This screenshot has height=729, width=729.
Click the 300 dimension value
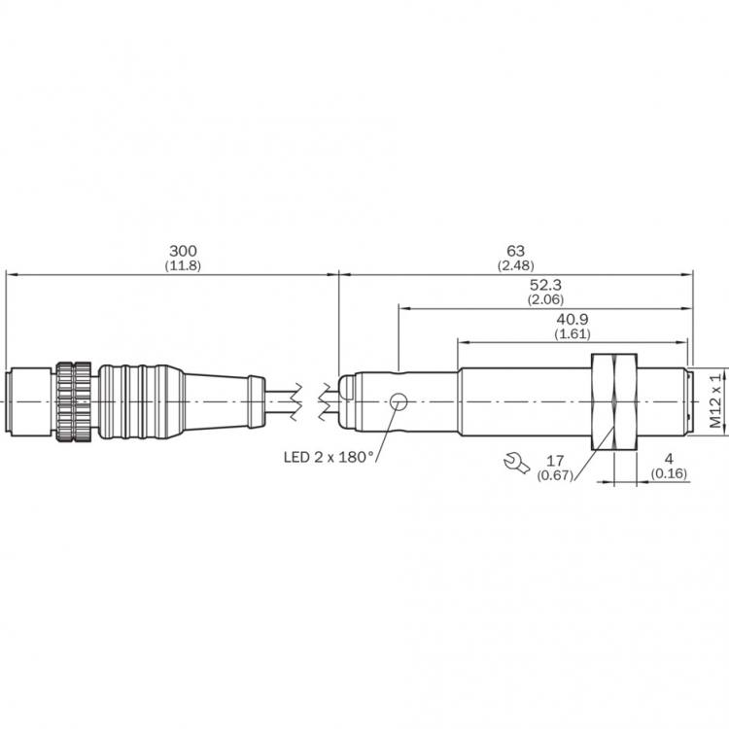point(183,251)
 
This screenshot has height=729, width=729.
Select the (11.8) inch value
point(183,266)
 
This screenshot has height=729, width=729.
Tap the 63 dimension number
point(515,251)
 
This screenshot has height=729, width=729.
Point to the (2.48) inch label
point(515,266)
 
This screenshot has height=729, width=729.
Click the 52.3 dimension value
point(545,285)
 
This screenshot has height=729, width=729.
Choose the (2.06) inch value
point(545,299)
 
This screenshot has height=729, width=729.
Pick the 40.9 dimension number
point(573,320)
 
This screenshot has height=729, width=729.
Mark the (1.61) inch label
point(573,333)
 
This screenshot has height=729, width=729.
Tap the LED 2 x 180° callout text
point(330,457)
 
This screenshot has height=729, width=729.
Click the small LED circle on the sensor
point(398,401)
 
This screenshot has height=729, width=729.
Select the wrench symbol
point(516,463)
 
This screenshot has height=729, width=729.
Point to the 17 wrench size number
point(555,461)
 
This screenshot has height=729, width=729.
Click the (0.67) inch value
point(555,475)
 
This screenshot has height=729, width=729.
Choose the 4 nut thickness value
point(669,459)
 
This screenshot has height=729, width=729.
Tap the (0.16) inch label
point(669,473)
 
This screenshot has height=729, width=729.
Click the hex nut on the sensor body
point(613,401)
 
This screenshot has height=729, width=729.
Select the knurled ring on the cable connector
point(74,401)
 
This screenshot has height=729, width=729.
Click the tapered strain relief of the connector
point(216,401)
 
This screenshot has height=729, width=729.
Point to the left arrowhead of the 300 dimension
point(11,275)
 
